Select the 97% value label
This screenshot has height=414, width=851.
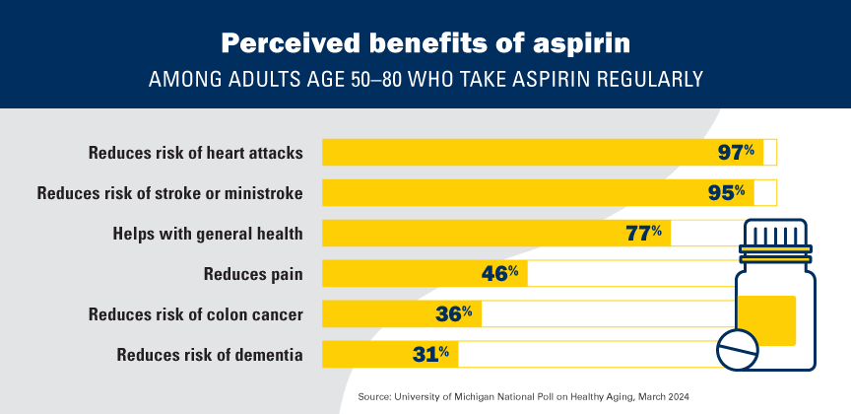click(x=736, y=153)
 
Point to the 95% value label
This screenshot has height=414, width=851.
click(x=727, y=191)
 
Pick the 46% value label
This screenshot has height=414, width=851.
click(x=499, y=273)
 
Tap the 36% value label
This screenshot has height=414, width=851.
click(x=453, y=313)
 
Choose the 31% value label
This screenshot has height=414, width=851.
click(x=429, y=353)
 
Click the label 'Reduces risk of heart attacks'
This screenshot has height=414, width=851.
click(x=195, y=153)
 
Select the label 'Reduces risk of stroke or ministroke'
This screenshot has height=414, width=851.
click(x=169, y=192)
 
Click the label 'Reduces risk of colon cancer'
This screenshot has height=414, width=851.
click(x=195, y=314)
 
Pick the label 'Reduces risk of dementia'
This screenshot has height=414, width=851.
click(x=209, y=354)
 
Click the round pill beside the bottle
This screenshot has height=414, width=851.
click(x=739, y=349)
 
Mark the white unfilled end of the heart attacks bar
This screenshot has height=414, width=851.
click(x=770, y=153)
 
